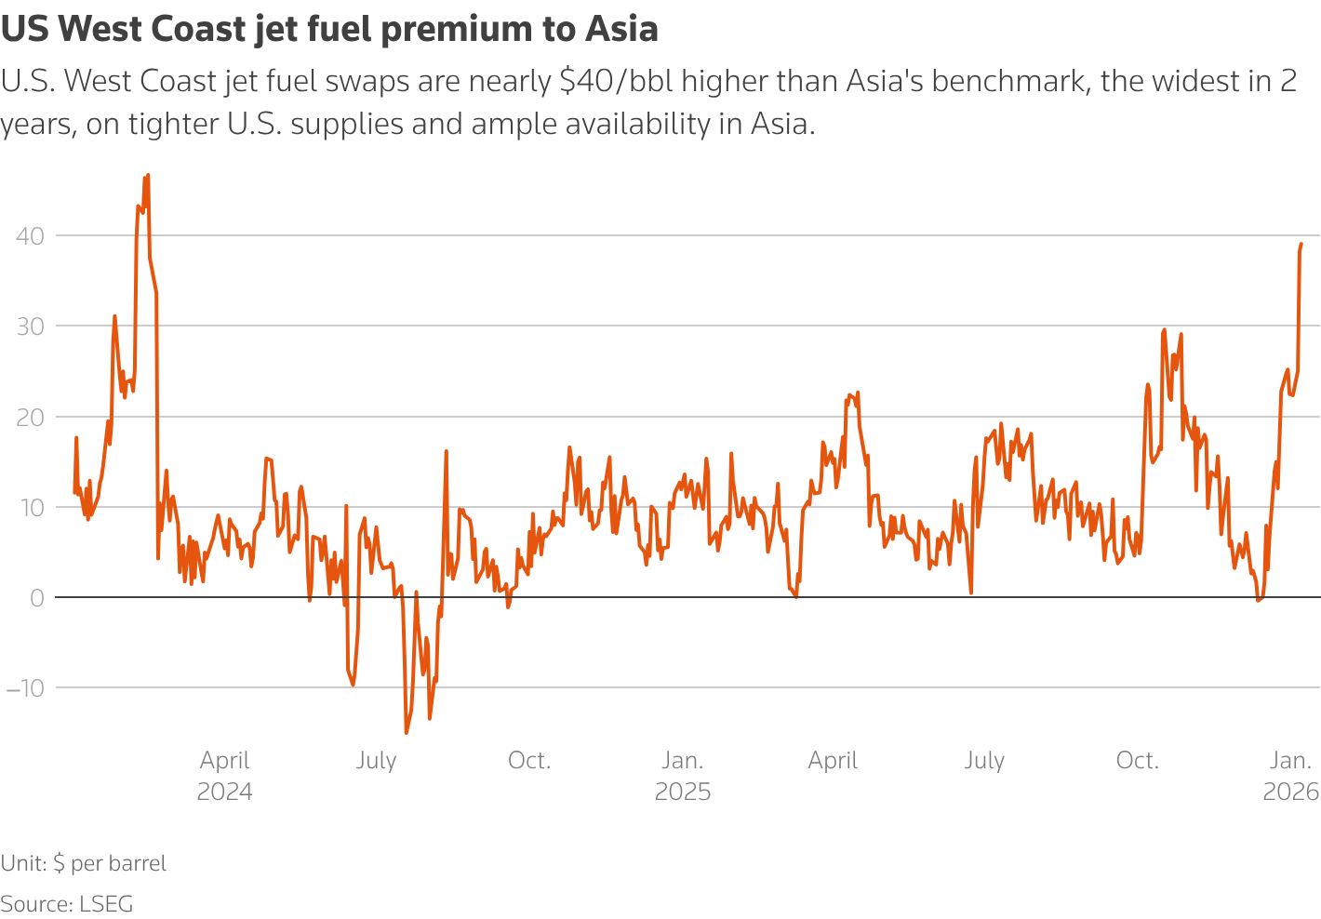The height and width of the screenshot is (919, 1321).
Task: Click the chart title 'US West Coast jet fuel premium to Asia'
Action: [329, 30]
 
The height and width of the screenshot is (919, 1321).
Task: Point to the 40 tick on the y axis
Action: [30, 236]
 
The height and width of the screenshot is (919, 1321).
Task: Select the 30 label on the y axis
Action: [30, 326]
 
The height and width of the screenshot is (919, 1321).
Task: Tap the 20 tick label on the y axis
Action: [30, 417]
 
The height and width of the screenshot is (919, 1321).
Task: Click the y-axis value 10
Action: [30, 508]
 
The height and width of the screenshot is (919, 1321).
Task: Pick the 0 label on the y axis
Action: [37, 598]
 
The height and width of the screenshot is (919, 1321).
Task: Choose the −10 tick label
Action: [25, 688]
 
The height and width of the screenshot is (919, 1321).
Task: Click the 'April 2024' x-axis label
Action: [224, 776]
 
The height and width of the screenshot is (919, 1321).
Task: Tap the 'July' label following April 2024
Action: [376, 761]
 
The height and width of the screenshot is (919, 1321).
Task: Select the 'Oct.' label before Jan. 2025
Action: [528, 761]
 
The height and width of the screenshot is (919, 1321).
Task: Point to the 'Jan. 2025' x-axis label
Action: [683, 776]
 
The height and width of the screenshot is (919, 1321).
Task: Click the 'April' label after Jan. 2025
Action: [833, 761]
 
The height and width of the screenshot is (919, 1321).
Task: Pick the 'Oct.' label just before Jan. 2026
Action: [1137, 761]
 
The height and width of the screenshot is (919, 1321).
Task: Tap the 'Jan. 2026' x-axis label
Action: [1290, 776]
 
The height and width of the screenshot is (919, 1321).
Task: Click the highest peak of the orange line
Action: [148, 175]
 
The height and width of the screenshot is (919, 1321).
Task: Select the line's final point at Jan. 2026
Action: [1301, 244]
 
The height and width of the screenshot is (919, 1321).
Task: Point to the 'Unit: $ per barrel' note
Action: [84, 863]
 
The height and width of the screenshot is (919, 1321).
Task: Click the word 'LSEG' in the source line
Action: [106, 903]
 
